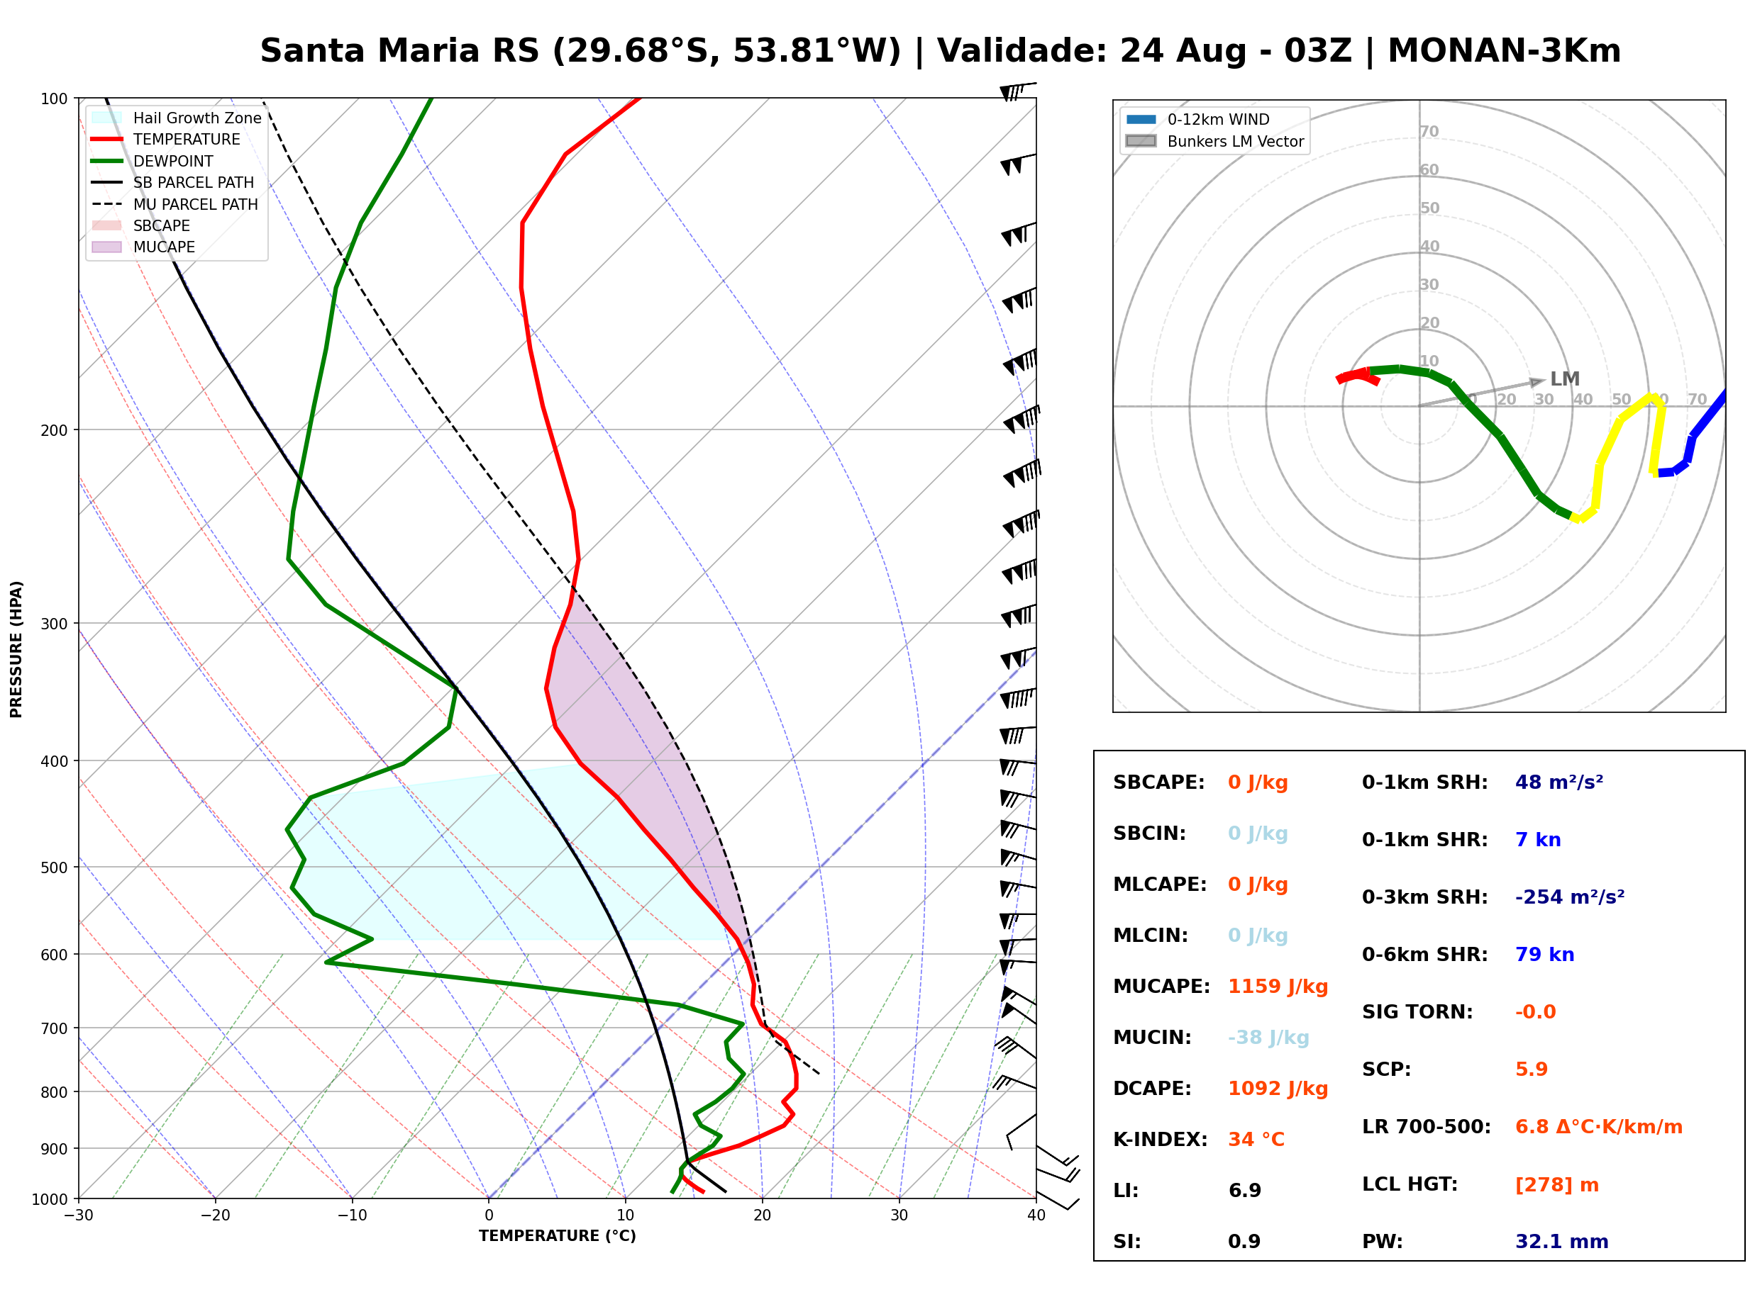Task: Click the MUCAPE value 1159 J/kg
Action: [1278, 987]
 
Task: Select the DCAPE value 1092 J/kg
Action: [1278, 1089]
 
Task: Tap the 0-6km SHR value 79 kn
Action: [1544, 955]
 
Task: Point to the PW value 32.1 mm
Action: [1562, 1242]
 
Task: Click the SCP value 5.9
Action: [1531, 1069]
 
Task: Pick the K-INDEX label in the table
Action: [1161, 1140]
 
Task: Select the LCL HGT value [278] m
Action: [1557, 1185]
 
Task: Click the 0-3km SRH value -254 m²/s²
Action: [1570, 897]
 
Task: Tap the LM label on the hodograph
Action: [1565, 379]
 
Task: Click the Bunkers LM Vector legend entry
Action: [1214, 141]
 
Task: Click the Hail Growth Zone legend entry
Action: [177, 118]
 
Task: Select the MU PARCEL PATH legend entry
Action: [175, 204]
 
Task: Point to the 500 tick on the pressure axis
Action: [53, 868]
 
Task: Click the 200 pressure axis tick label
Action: [53, 430]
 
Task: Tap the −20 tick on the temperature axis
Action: [215, 1215]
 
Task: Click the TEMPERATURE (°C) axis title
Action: [558, 1236]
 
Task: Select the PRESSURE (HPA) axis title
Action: [16, 649]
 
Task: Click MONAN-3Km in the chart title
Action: [1505, 51]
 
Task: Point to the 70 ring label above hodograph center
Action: [1429, 131]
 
